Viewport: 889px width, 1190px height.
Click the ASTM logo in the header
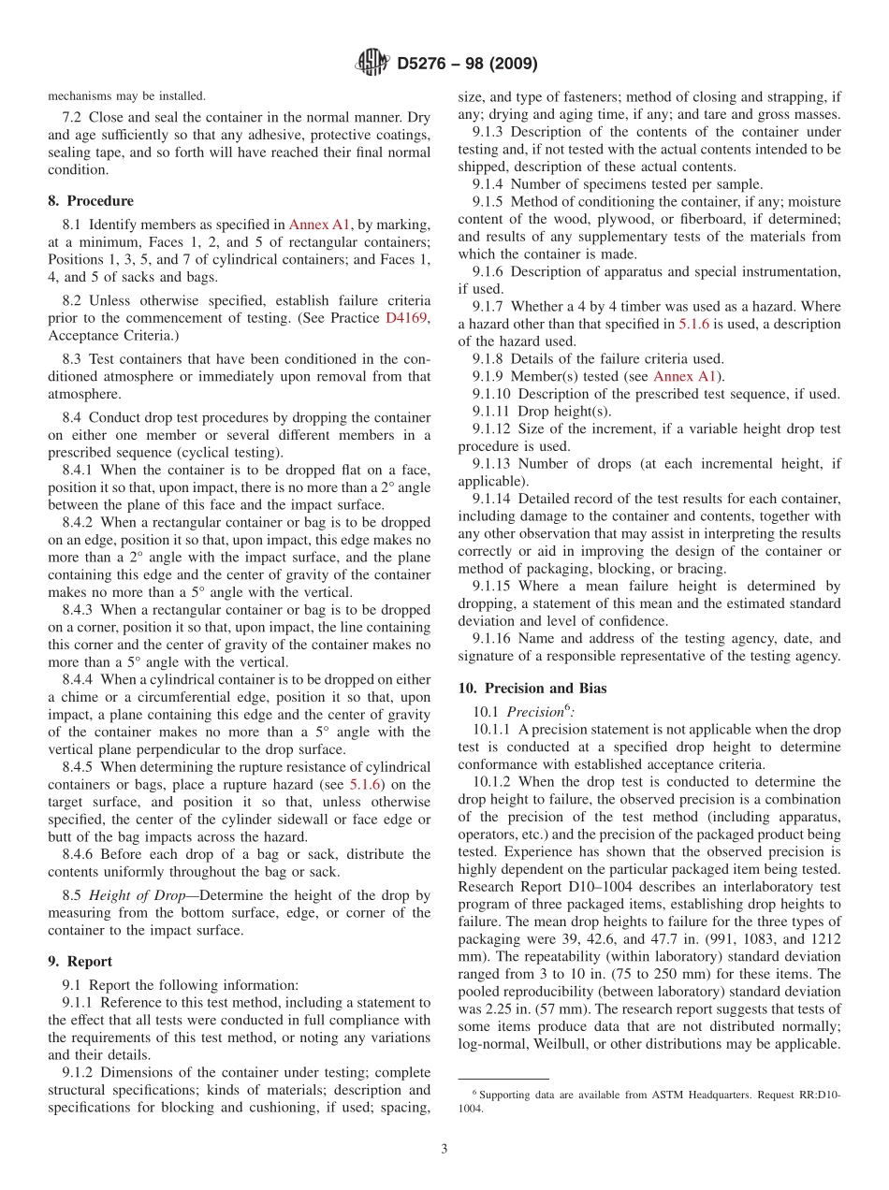click(x=372, y=64)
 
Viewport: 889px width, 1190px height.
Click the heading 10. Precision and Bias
click(x=532, y=688)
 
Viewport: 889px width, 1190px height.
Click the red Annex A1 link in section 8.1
click(x=319, y=225)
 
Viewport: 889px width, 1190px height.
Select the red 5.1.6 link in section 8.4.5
click(x=365, y=785)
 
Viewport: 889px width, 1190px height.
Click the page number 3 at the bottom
click(x=444, y=1149)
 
